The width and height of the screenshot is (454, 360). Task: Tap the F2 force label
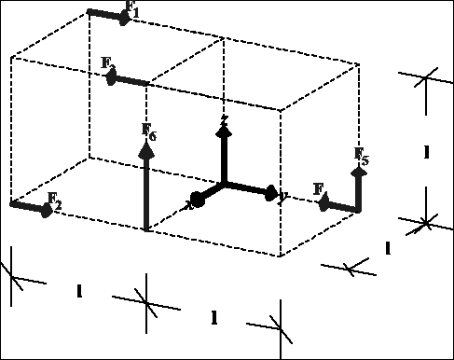tap(55, 205)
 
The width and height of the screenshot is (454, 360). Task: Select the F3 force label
tap(108, 64)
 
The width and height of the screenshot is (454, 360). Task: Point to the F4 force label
tap(320, 191)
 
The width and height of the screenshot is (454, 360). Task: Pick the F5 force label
tap(362, 156)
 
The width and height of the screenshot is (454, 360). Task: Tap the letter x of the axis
tap(189, 204)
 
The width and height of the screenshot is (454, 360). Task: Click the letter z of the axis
tap(224, 120)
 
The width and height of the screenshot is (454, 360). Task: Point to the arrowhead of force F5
tap(358, 171)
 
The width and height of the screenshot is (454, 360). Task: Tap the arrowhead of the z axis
tap(224, 132)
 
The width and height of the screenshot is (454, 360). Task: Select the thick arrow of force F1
tap(109, 14)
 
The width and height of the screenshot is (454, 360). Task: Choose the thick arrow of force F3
tap(130, 80)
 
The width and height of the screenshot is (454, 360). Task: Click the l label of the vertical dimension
tap(426, 151)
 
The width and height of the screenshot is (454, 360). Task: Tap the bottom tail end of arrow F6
tap(147, 228)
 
